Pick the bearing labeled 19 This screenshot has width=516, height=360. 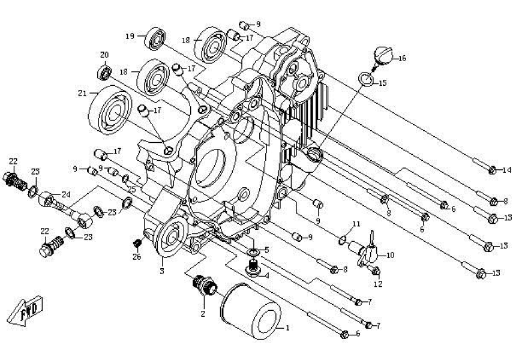[x=158, y=39]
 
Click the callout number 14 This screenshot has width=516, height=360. [x=508, y=170]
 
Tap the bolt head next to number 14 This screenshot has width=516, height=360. [x=492, y=170]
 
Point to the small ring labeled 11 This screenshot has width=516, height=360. [x=341, y=241]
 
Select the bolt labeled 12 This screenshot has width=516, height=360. [x=376, y=270]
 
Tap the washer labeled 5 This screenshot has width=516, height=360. [x=254, y=250]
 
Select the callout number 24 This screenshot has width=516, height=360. [x=65, y=194]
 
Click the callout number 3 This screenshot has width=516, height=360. [x=161, y=272]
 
